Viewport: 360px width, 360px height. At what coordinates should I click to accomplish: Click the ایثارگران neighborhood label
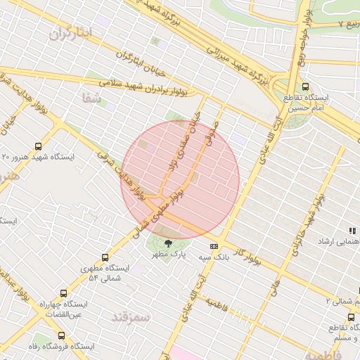(x=72, y=32)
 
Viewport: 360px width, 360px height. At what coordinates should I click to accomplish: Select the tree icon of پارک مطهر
(x=167, y=244)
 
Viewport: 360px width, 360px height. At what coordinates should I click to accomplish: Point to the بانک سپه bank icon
(x=214, y=247)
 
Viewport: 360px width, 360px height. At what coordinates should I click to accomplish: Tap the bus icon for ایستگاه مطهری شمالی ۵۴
(x=105, y=257)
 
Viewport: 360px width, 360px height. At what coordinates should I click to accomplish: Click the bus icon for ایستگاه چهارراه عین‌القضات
(x=64, y=293)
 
